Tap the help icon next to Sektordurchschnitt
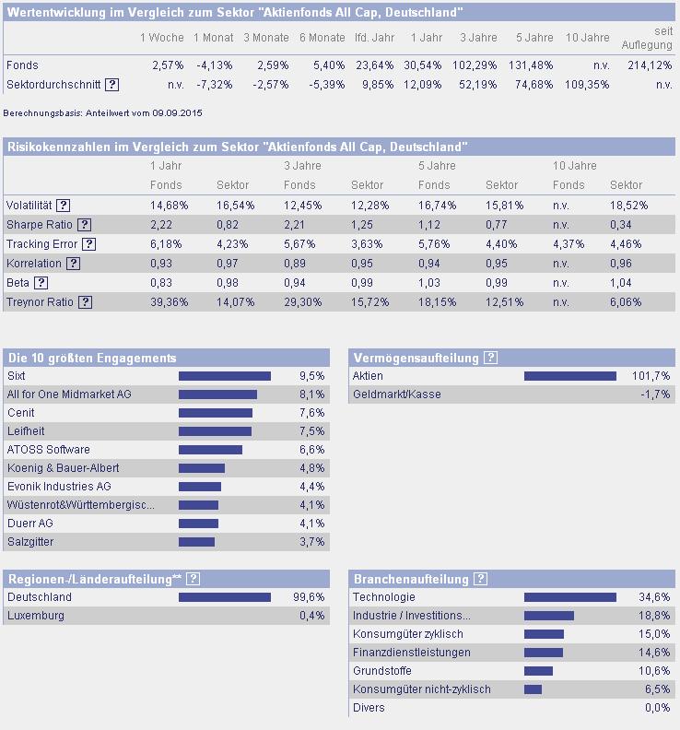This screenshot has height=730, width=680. tap(111, 84)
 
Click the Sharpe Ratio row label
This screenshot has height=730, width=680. tap(39, 224)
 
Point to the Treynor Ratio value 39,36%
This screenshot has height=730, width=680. tap(169, 301)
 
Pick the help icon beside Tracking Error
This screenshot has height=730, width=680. tap(88, 244)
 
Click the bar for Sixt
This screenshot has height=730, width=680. tap(225, 376)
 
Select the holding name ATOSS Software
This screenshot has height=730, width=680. tap(49, 450)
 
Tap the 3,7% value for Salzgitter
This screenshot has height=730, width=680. tap(312, 542)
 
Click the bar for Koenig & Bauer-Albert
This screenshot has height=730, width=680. tap(202, 468)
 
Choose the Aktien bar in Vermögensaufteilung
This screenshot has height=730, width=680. tap(569, 376)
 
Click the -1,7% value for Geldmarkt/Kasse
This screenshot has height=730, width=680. tap(655, 394)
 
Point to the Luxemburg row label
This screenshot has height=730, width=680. tap(36, 616)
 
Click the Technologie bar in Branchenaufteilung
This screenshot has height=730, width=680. tap(569, 597)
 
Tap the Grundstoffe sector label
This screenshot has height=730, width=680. tap(382, 671)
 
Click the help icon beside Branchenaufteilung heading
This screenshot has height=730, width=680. tap(481, 579)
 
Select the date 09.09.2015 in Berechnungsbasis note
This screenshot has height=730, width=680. tap(177, 112)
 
